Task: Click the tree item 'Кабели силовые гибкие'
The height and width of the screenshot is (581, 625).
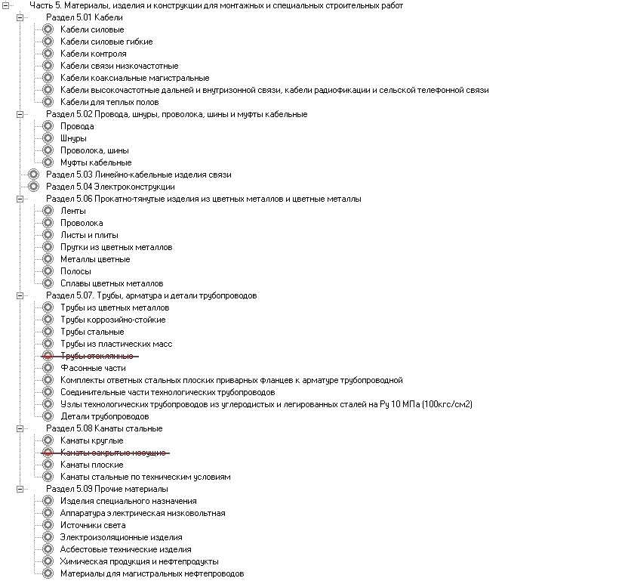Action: (x=106, y=42)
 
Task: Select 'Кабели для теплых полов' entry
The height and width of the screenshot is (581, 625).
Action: (x=109, y=102)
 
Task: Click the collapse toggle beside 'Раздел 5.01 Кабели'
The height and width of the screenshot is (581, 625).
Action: (x=20, y=17)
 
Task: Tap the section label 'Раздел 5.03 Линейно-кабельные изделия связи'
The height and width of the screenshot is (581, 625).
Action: (x=138, y=175)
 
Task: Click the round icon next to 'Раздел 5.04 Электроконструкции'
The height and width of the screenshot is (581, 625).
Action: (x=33, y=187)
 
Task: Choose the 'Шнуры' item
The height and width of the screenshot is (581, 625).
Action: (x=73, y=138)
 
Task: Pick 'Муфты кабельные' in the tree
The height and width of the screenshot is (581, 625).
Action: (x=96, y=162)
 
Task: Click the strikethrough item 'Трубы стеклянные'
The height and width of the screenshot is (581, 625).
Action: (x=97, y=356)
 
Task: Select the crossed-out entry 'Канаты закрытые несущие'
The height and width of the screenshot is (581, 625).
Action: (x=112, y=453)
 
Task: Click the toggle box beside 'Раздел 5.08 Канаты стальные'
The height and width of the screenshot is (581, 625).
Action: (x=20, y=428)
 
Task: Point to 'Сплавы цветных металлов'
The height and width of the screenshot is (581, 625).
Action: (x=112, y=283)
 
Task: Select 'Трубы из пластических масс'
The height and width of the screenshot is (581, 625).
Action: (x=116, y=344)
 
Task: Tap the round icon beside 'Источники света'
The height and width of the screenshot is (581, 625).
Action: (x=48, y=525)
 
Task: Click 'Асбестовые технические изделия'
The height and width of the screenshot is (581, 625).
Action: (x=125, y=549)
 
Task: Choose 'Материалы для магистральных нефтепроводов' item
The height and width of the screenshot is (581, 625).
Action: (x=152, y=573)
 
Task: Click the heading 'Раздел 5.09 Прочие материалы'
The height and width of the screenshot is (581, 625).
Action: (x=106, y=489)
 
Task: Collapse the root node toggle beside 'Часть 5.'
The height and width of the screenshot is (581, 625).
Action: (x=6, y=5)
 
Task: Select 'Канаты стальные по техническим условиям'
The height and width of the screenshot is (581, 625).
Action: (x=145, y=477)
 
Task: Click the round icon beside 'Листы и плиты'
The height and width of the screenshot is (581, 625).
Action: (x=48, y=235)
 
